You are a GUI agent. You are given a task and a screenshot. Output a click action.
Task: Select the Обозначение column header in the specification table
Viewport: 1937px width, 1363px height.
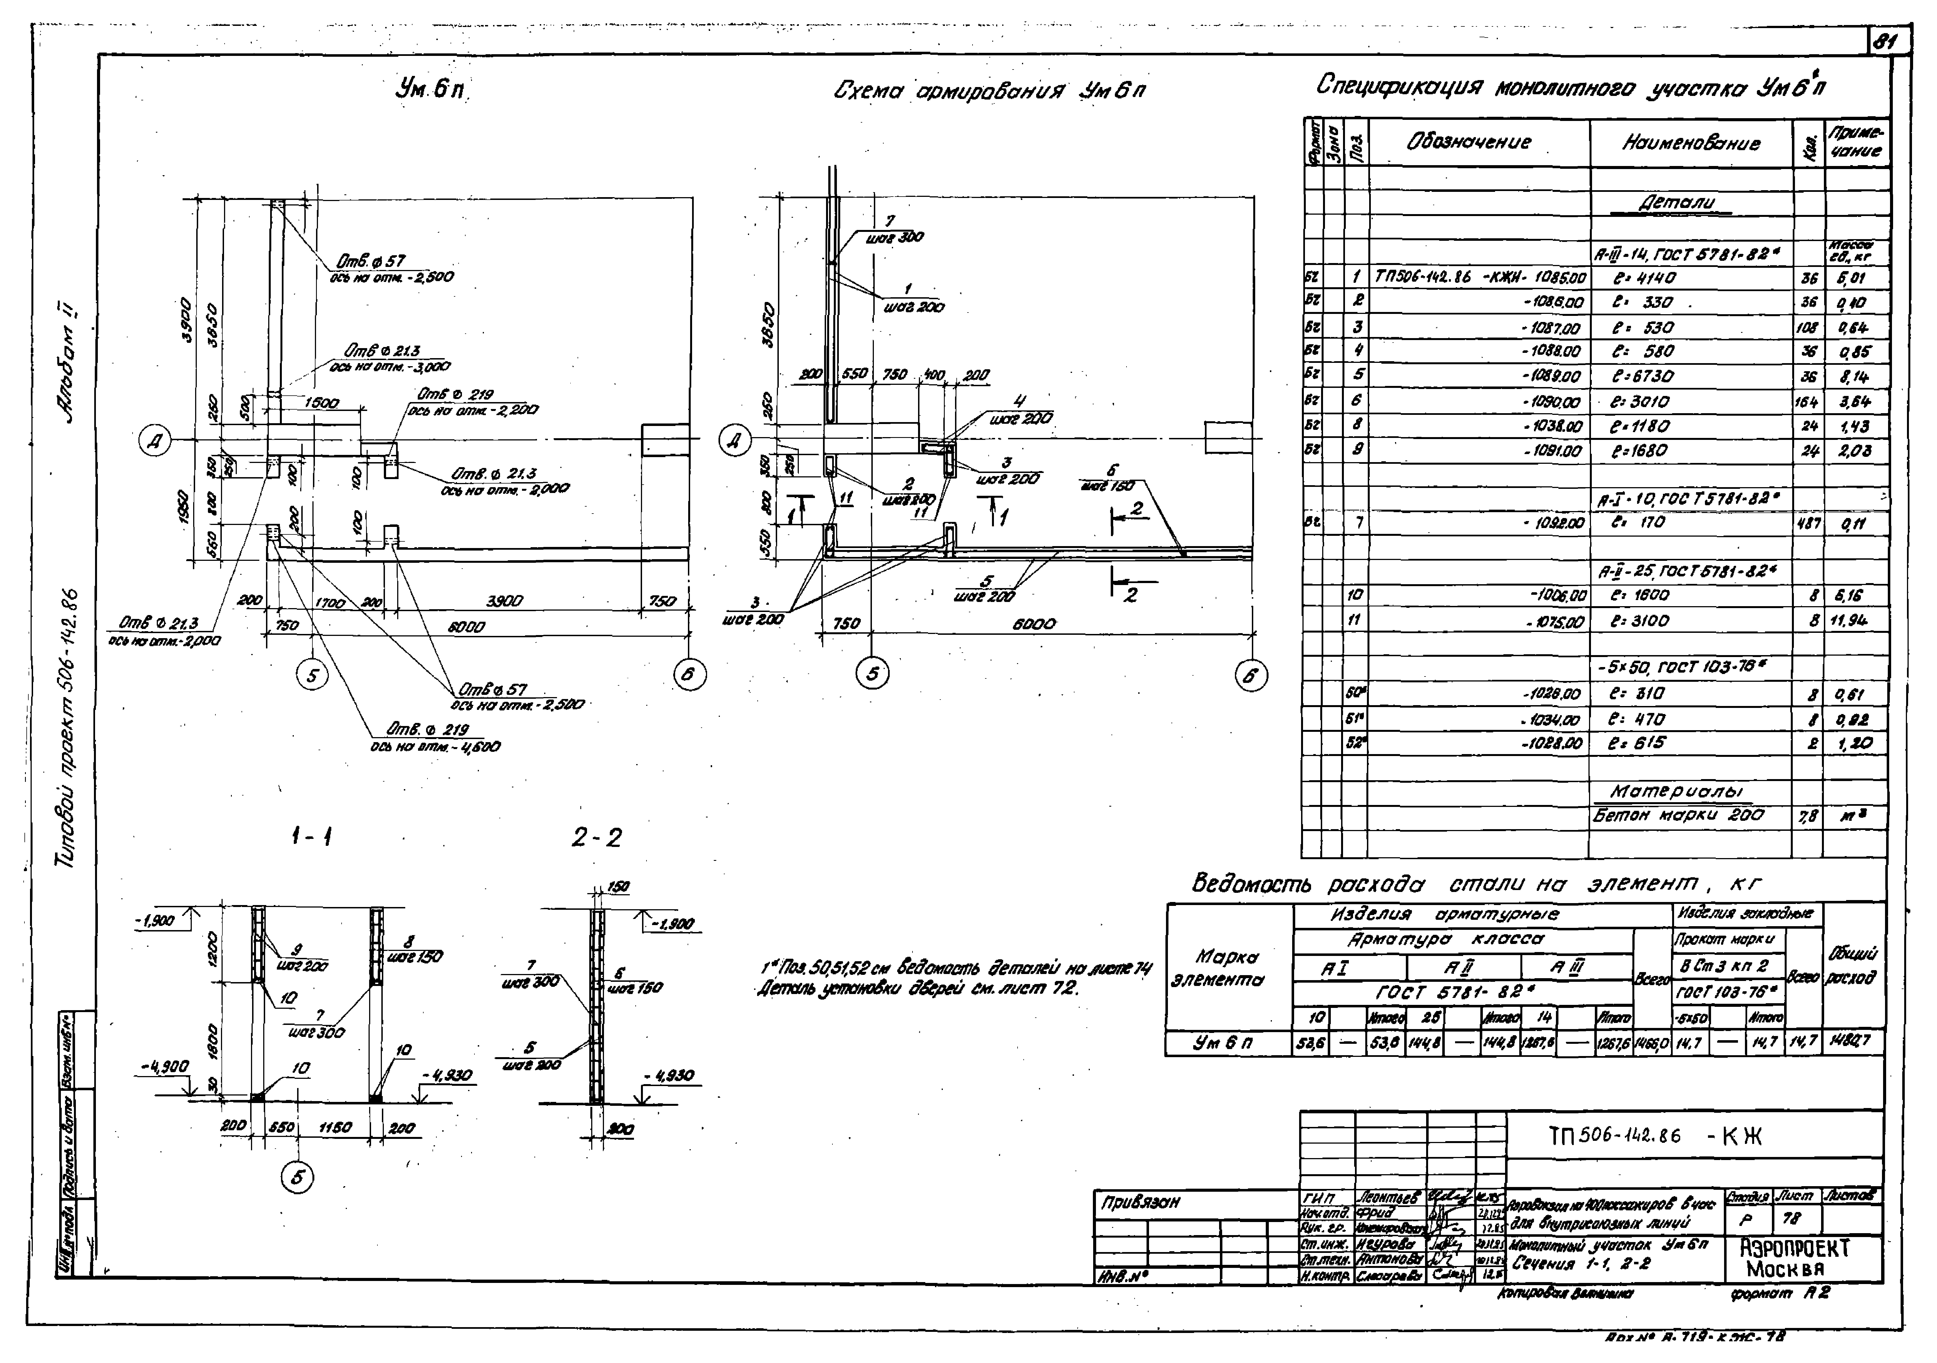coord(1468,142)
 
